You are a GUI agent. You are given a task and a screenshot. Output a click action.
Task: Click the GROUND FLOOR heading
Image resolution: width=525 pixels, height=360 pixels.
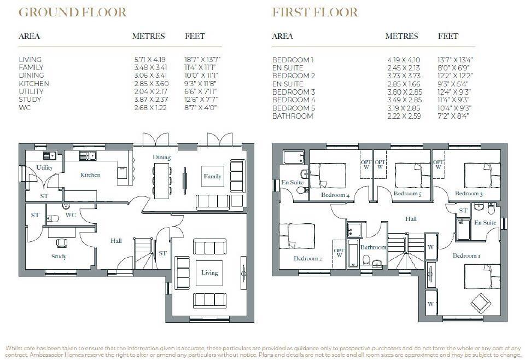[73, 12]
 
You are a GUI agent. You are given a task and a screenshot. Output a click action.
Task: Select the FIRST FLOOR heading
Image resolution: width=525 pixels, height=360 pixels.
[315, 12]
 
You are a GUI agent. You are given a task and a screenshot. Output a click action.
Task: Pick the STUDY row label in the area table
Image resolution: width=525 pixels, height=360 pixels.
[30, 100]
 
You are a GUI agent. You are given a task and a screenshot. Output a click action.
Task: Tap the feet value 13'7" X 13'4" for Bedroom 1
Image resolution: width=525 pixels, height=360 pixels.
[456, 59]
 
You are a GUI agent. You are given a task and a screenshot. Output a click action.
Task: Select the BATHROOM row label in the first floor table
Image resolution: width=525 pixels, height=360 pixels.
[293, 116]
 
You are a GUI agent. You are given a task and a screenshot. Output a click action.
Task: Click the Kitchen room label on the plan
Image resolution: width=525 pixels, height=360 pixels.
[90, 175]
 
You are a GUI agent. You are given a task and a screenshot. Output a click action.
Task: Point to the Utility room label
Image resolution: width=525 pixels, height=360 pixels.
[44, 167]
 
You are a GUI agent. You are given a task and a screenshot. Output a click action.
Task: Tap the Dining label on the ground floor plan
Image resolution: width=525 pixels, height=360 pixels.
[162, 158]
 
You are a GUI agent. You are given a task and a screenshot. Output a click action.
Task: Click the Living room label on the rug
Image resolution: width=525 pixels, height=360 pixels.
[209, 272]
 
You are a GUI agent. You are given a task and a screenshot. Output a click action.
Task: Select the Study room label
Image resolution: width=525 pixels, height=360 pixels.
[59, 257]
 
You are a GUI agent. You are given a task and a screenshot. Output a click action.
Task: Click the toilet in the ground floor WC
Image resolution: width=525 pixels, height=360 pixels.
[53, 219]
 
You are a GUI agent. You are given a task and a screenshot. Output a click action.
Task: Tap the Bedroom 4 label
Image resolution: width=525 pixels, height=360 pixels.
[335, 195]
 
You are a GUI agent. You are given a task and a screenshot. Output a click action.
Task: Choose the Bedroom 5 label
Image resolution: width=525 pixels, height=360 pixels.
[407, 194]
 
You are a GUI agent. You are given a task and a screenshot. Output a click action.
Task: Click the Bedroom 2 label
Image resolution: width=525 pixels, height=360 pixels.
[307, 258]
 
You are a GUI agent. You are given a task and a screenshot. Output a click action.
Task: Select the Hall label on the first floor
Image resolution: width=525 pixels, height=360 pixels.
[411, 219]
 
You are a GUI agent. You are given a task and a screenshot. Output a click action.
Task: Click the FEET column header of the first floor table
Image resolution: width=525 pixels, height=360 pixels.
[448, 36]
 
